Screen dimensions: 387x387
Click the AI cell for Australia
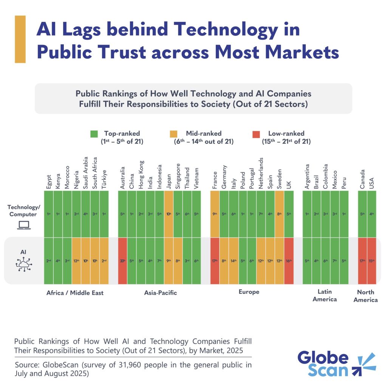click(x=122, y=261)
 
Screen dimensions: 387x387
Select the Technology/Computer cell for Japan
click(x=169, y=214)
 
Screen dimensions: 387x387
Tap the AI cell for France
click(x=215, y=261)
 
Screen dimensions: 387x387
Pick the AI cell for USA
click(x=372, y=261)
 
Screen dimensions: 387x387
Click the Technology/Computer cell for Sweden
click(x=279, y=214)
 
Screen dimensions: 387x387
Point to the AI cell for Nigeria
click(x=76, y=261)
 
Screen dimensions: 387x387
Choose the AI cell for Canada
click(x=362, y=261)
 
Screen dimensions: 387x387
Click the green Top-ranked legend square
click(x=94, y=134)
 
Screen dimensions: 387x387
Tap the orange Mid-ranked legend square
click(x=174, y=134)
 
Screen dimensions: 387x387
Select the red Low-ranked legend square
click(x=256, y=134)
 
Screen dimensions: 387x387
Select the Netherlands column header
click(x=261, y=173)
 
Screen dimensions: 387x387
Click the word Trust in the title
click(x=121, y=53)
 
